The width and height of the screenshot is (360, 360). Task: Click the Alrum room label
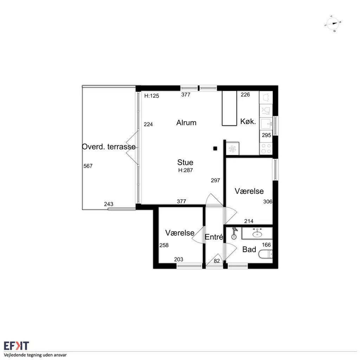pos(186,123)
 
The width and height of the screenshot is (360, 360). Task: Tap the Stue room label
pos(185,162)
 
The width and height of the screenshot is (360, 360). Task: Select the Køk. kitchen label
pos(248,121)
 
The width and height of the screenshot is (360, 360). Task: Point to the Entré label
pos(214,237)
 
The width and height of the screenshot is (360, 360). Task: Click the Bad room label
pos(249,249)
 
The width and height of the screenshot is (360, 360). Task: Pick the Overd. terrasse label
pos(109,147)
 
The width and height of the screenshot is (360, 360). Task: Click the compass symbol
pos(333,24)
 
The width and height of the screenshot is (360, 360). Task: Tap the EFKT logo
pos(16,346)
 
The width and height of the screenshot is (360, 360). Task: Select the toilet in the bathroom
pos(266,254)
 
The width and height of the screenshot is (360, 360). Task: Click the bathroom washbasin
pos(257,234)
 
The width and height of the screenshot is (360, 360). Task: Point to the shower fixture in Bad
pos(234,233)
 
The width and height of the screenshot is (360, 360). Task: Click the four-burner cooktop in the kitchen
pos(266,149)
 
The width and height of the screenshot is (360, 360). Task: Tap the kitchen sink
pos(266,124)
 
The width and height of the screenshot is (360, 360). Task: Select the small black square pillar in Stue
pos(215,149)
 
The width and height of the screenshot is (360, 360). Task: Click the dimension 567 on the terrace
pos(88,166)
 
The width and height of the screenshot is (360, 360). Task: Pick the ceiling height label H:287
pos(186,170)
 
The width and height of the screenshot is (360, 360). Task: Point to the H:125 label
pos(152,96)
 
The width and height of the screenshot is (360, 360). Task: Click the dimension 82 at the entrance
pos(217,261)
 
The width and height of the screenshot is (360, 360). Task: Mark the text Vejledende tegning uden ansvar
pos(35,355)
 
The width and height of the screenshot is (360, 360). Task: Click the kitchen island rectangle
pos(229,108)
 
